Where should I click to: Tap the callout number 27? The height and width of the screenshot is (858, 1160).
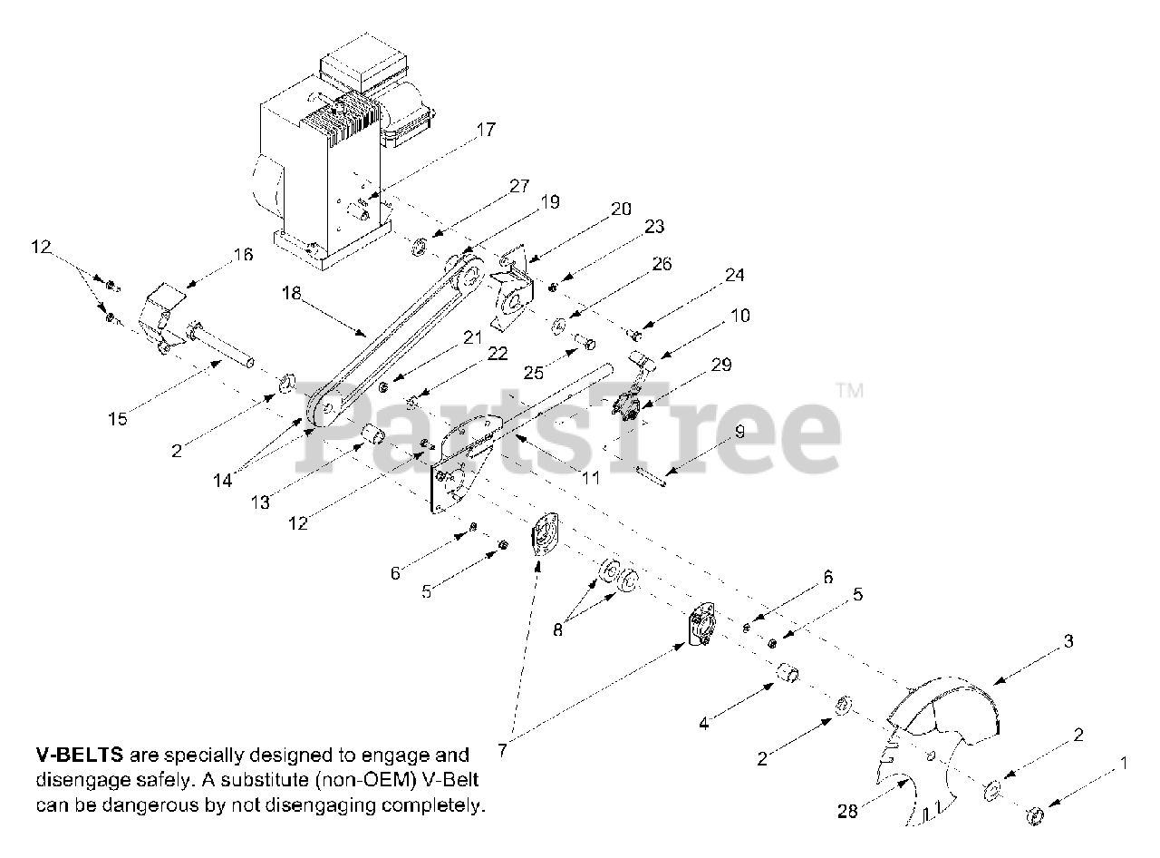(518, 187)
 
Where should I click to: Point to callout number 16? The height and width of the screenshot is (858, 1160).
(243, 257)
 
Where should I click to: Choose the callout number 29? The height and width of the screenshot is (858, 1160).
(721, 365)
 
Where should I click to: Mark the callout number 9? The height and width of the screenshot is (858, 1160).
(739, 433)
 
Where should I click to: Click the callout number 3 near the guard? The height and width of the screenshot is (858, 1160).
(1068, 641)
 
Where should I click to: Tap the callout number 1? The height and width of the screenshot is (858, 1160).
(1124, 764)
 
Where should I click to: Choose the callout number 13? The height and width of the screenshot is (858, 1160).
(260, 502)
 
